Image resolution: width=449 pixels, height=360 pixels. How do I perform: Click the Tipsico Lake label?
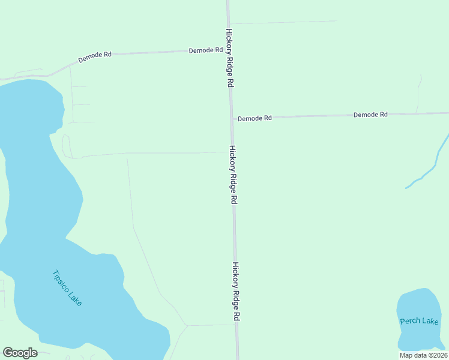tap(67, 289)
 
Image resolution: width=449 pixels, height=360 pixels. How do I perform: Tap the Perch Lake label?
tap(419, 321)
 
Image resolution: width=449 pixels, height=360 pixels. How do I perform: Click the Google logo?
tap(20, 353)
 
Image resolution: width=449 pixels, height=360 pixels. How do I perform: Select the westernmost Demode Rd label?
tap(95, 58)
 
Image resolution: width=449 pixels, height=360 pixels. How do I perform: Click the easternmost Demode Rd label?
tap(370, 114)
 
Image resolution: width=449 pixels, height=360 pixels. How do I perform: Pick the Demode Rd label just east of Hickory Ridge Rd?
tap(255, 118)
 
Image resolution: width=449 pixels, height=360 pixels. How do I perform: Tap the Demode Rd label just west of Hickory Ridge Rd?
tap(206, 50)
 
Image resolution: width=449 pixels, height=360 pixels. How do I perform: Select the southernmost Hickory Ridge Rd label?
tap(237, 291)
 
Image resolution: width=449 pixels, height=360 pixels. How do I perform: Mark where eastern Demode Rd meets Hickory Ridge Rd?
tap(232, 118)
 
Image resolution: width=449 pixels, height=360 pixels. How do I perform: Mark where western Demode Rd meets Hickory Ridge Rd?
tap(228, 50)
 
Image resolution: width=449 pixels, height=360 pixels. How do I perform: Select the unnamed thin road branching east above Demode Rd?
tap(282, 23)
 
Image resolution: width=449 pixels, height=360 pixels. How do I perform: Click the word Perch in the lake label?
tap(408, 322)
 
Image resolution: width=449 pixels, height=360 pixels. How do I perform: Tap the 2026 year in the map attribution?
tap(439, 355)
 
